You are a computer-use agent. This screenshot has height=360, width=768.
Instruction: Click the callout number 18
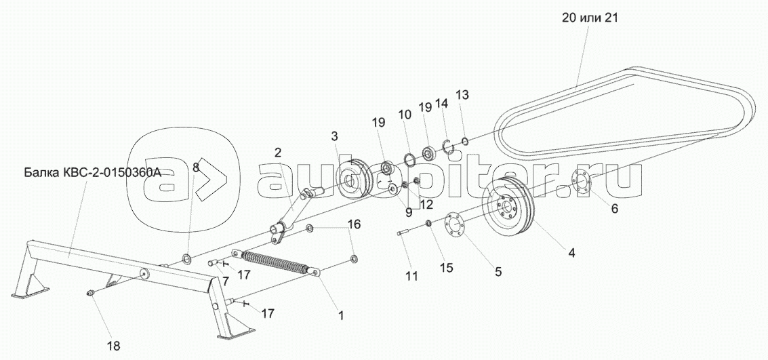pyautogui.click(x=113, y=346)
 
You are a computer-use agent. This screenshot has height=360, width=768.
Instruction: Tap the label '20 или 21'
pyautogui.click(x=590, y=18)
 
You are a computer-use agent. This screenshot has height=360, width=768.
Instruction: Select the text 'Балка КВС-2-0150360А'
pyautogui.click(x=93, y=173)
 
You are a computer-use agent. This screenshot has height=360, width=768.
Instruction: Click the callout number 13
pyautogui.click(x=462, y=94)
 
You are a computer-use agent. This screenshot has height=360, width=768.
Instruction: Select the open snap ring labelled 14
pyautogui.click(x=447, y=146)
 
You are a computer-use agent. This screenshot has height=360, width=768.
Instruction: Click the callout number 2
pyautogui.click(x=278, y=153)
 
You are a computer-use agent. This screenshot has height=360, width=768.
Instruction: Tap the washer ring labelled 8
pyautogui.click(x=187, y=258)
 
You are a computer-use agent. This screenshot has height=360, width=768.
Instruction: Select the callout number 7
pyautogui.click(x=225, y=281)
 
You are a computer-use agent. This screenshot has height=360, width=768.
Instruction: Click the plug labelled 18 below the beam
pyautogui.click(x=90, y=293)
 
